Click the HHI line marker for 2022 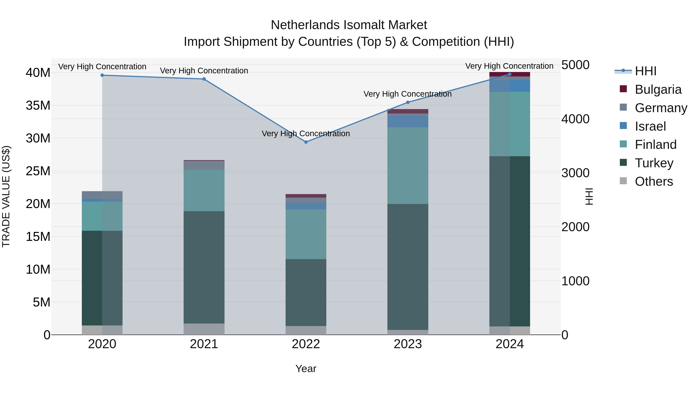(306, 142)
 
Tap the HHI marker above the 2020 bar (102, 75)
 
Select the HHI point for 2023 (408, 102)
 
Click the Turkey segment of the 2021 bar (204, 267)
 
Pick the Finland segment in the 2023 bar (408, 165)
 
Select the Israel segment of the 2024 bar (510, 86)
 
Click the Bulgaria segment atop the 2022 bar (306, 196)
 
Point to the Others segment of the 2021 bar (204, 329)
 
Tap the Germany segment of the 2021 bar (204, 165)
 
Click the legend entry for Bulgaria (658, 89)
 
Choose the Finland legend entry (656, 145)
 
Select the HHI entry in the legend (645, 71)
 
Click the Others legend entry (654, 181)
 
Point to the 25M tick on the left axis (38, 171)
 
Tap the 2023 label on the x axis (408, 344)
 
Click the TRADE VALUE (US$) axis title (6, 197)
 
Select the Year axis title (306, 369)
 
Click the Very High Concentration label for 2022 (306, 134)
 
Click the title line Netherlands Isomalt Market (349, 25)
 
